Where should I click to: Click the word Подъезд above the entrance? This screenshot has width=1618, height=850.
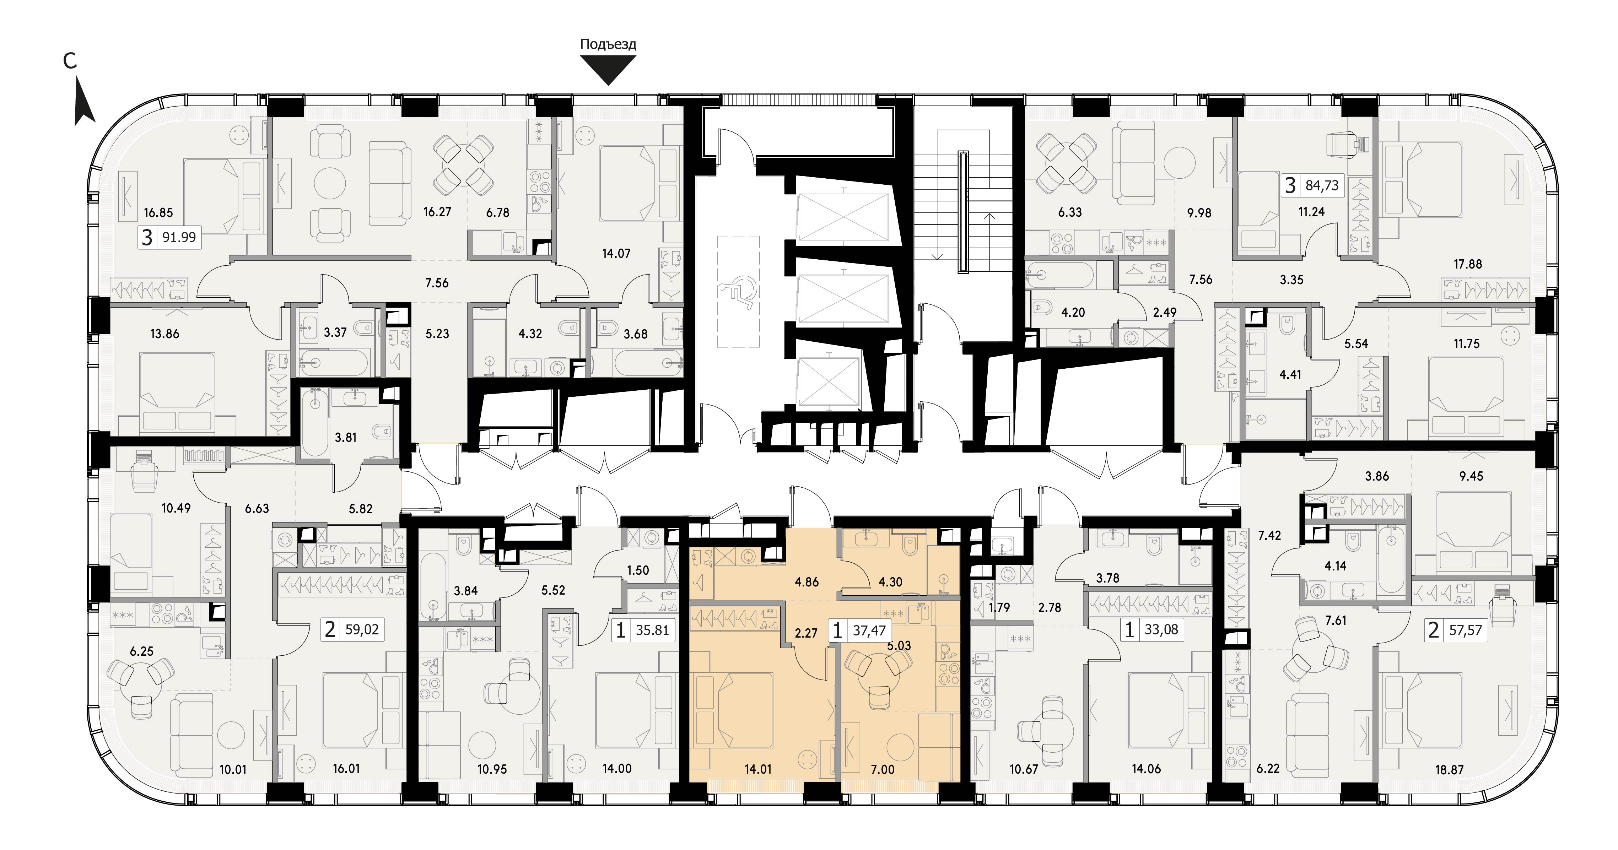(x=608, y=44)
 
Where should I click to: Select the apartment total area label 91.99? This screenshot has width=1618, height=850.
(x=179, y=237)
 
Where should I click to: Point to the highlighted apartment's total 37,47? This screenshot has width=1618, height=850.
(x=869, y=630)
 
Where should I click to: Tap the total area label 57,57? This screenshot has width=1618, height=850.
(x=1465, y=630)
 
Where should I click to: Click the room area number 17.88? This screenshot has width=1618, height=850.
(x=1467, y=264)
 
